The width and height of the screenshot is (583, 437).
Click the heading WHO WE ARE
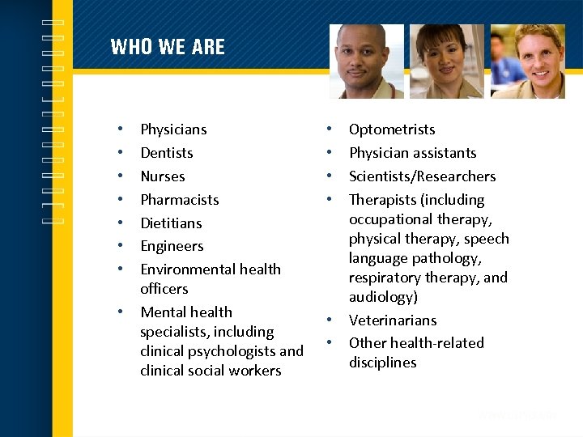point(168,47)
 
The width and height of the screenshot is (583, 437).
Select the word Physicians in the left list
point(173,129)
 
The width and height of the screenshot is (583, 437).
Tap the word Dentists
point(167,153)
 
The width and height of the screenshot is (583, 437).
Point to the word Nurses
point(163,176)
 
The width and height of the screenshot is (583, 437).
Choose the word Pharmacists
point(180,200)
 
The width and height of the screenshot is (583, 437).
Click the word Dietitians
point(171,223)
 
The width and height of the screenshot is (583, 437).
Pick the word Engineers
point(172,246)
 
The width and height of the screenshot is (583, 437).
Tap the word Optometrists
point(392,129)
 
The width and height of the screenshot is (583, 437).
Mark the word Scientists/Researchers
point(422,176)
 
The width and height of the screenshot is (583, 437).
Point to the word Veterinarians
point(393,320)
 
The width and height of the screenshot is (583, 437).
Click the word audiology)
point(383,297)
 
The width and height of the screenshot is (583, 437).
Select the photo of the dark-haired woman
point(447,62)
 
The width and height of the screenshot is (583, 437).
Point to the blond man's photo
point(528,62)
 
